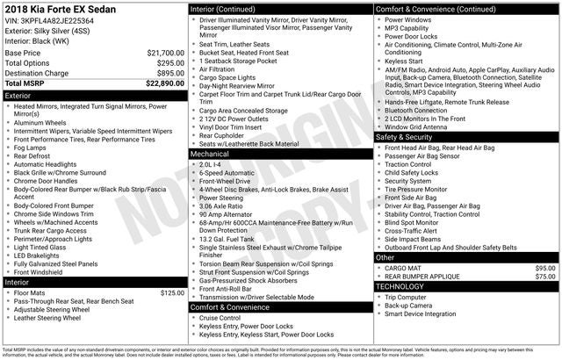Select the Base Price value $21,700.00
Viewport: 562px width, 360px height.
pyautogui.click(x=165, y=54)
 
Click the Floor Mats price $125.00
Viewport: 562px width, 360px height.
pyautogui.click(x=172, y=292)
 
